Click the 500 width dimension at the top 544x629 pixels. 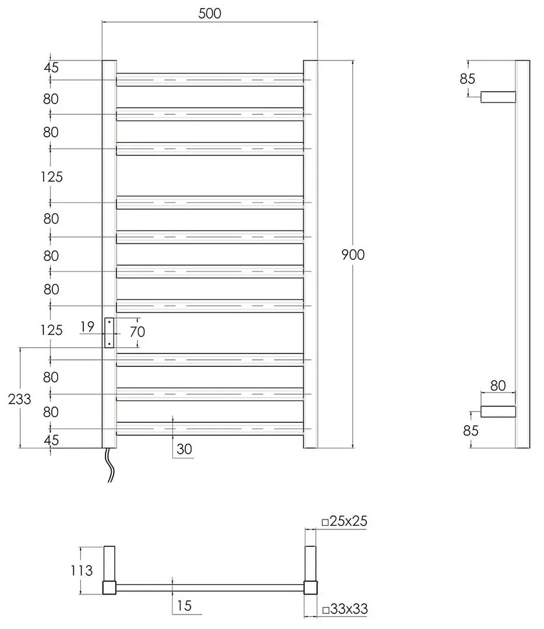pos(210,13)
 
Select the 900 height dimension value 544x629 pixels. pos(353,255)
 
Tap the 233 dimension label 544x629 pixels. pos(19,399)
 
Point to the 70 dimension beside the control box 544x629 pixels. pos(137,332)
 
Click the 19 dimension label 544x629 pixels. pos(87,327)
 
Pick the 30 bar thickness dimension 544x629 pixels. pos(184,449)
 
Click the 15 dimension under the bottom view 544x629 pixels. pos(183,606)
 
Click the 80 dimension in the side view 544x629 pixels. pos(497,385)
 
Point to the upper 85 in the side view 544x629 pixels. pos(468,79)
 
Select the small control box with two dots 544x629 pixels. pos(109,333)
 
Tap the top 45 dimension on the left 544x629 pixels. pos(51,68)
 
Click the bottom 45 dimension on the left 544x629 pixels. pos(51,440)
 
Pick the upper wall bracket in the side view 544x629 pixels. pos(498,97)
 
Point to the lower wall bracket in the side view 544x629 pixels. pos(498,412)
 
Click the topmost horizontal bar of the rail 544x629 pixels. pos(210,80)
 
